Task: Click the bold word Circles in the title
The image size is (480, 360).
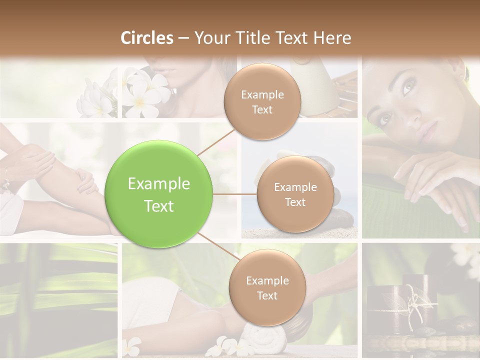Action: (x=147, y=38)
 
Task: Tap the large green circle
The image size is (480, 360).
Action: (x=159, y=194)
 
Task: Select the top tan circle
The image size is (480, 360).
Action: (x=262, y=102)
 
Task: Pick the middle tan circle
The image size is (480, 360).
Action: (x=295, y=194)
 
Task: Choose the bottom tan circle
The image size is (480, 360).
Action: (x=267, y=287)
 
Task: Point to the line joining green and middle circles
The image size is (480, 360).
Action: (x=235, y=194)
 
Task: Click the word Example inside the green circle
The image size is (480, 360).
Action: (x=159, y=184)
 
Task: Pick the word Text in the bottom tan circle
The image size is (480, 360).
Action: (x=267, y=295)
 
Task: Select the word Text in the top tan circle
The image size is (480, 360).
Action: (x=262, y=109)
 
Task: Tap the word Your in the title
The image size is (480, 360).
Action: (x=210, y=38)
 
